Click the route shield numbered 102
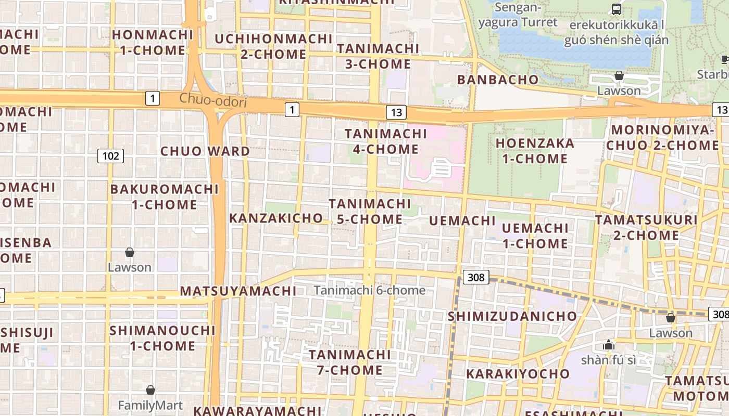[x=110, y=155]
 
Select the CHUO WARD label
[x=205, y=151]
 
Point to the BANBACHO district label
[x=497, y=80]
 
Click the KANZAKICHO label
[x=276, y=218]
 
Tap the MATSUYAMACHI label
[x=238, y=291]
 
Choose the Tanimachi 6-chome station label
[x=369, y=290]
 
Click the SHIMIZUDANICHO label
[x=512, y=316]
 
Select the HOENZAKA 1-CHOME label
[x=535, y=151]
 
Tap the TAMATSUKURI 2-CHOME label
[x=646, y=227]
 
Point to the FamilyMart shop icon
[x=150, y=390]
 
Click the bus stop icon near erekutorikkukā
[x=616, y=9]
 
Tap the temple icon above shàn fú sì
[x=608, y=345]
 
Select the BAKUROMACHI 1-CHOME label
[x=164, y=197]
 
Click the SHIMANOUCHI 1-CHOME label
[x=162, y=338]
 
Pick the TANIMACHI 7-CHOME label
[x=350, y=362]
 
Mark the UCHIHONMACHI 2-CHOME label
[x=273, y=46]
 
